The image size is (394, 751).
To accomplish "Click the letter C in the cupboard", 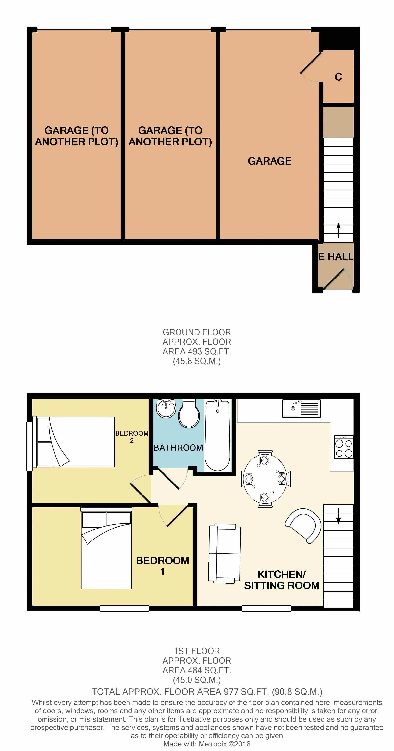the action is click(338, 77).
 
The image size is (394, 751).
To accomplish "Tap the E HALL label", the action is click(336, 256).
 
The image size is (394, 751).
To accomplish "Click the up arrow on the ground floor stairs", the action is click(339, 230).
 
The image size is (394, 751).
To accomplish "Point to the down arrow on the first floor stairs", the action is click(339, 516).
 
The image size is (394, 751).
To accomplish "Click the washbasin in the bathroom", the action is click(166, 408).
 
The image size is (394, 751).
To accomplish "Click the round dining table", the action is click(265, 479).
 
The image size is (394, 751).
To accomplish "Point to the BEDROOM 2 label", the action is click(132, 437).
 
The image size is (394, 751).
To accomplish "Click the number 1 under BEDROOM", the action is click(163, 572).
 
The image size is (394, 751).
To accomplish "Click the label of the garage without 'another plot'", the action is click(269, 161).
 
